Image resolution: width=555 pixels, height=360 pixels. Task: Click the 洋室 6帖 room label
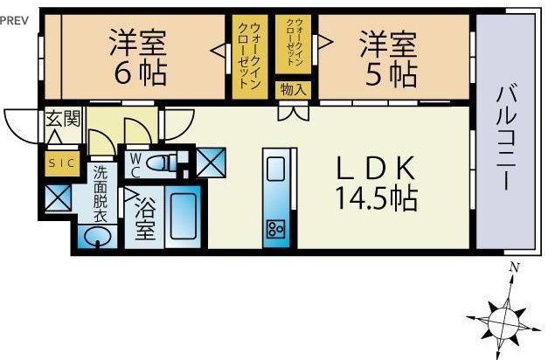138,58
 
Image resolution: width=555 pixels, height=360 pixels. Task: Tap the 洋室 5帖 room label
388,59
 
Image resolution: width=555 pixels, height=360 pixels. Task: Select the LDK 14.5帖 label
376,183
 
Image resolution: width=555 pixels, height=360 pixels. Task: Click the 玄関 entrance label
63,119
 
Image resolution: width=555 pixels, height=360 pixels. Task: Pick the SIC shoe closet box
62,163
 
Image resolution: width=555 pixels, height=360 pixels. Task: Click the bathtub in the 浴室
183,217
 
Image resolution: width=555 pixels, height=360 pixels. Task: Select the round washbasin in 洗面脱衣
98,235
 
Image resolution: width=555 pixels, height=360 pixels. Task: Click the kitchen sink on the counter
275,170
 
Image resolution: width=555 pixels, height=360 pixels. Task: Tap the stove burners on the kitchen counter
275,229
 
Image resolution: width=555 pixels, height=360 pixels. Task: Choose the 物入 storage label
293,90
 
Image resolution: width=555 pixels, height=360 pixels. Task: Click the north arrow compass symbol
503,320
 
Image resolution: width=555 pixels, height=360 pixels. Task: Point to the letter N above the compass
515,267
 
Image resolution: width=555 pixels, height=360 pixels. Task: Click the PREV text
14,20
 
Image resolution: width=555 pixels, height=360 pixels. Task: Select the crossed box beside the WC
211,163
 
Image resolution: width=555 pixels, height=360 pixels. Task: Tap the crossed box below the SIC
59,197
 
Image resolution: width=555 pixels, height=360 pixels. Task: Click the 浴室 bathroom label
145,219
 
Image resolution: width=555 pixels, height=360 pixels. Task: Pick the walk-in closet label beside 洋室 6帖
250,56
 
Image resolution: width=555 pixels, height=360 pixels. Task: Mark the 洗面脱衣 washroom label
101,194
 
